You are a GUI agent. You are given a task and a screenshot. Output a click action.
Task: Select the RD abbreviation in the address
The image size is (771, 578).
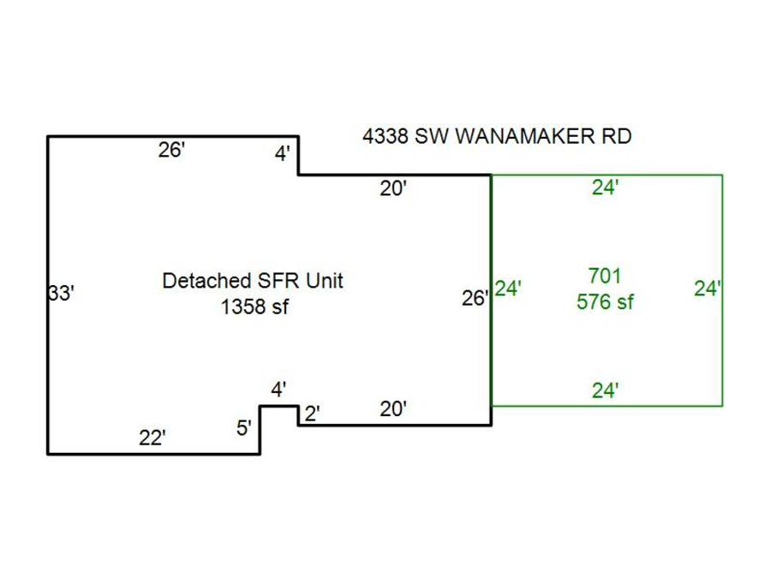point(614,137)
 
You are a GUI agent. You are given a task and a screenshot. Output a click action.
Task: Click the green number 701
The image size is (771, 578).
point(605,276)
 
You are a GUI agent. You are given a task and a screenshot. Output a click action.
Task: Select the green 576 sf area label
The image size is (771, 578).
point(605,301)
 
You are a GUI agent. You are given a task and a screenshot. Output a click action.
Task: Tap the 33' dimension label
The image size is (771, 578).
point(61,294)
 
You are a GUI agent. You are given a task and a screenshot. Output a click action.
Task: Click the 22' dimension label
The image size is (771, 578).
point(152,438)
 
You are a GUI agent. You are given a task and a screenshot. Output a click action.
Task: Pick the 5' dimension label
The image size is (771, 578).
point(245,427)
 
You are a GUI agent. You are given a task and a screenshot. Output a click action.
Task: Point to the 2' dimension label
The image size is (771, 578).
point(312,414)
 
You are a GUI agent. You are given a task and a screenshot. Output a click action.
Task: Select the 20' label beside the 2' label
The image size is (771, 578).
point(392,409)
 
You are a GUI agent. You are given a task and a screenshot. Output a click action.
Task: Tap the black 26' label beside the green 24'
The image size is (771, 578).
point(475,299)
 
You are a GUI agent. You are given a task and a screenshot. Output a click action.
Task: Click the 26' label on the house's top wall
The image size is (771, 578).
point(171,150)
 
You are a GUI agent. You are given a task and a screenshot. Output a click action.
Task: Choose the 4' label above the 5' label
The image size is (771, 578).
point(279,390)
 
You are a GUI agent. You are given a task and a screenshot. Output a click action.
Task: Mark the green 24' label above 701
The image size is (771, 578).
point(605,188)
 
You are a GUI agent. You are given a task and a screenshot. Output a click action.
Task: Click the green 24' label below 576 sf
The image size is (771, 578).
point(605,390)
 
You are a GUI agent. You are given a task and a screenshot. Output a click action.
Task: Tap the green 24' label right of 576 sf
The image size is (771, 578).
point(708,289)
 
